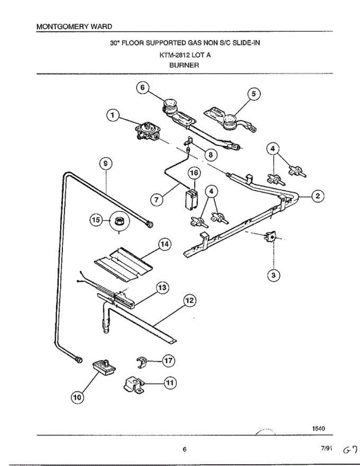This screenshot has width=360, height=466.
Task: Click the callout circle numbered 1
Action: (113, 115)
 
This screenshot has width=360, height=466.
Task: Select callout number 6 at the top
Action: (143, 88)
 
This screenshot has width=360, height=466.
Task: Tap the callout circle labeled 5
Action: (254, 94)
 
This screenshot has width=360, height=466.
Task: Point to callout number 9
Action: (106, 164)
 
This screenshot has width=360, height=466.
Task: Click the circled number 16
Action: (194, 173)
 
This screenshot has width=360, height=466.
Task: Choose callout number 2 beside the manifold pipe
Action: (318, 196)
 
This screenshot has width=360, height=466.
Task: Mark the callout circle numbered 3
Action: (273, 275)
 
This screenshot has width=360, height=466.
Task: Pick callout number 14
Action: (164, 244)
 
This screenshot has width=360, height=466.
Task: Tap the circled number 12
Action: (190, 301)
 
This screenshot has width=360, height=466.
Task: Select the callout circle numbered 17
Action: (169, 361)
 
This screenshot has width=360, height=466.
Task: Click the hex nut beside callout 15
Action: (118, 220)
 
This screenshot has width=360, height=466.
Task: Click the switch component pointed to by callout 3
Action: (271, 237)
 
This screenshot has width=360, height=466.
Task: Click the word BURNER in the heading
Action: (184, 65)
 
